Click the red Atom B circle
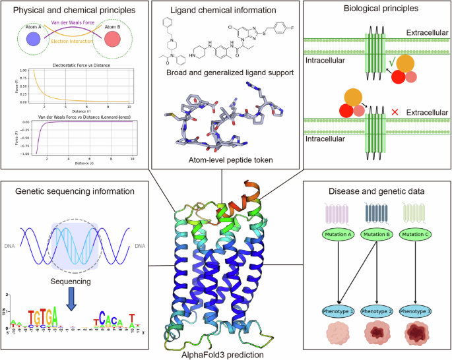pyautogui.click(x=113, y=39)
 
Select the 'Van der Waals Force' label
pyautogui.click(x=73, y=22)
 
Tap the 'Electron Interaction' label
pyautogui.click(x=73, y=48)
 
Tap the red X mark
pyautogui.click(x=395, y=113)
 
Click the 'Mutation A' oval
pyautogui.click(x=342, y=235)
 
